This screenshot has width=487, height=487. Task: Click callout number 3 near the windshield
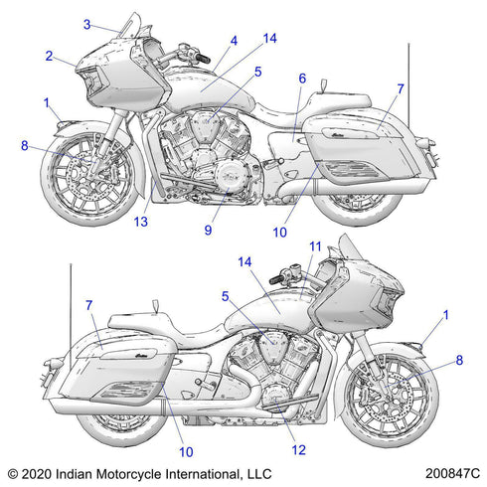(86, 24)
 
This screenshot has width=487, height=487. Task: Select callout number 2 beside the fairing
(49, 56)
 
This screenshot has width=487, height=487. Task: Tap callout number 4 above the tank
(234, 41)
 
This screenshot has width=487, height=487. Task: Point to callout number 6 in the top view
(302, 79)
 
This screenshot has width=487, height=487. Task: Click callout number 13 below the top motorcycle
(141, 222)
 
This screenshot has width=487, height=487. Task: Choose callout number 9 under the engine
(208, 230)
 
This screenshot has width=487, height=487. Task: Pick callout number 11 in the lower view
(315, 246)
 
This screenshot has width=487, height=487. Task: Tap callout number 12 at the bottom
(299, 450)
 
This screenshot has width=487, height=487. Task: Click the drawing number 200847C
(452, 473)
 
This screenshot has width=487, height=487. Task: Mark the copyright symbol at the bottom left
(13, 474)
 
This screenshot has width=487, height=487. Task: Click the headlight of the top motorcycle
(92, 80)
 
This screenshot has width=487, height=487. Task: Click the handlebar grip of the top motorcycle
(202, 59)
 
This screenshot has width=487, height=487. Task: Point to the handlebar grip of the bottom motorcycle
(276, 279)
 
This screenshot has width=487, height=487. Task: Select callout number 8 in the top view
(25, 145)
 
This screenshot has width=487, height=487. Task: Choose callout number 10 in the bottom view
(186, 452)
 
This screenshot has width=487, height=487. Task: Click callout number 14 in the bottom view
(244, 262)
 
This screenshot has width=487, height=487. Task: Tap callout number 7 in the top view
(401, 88)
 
